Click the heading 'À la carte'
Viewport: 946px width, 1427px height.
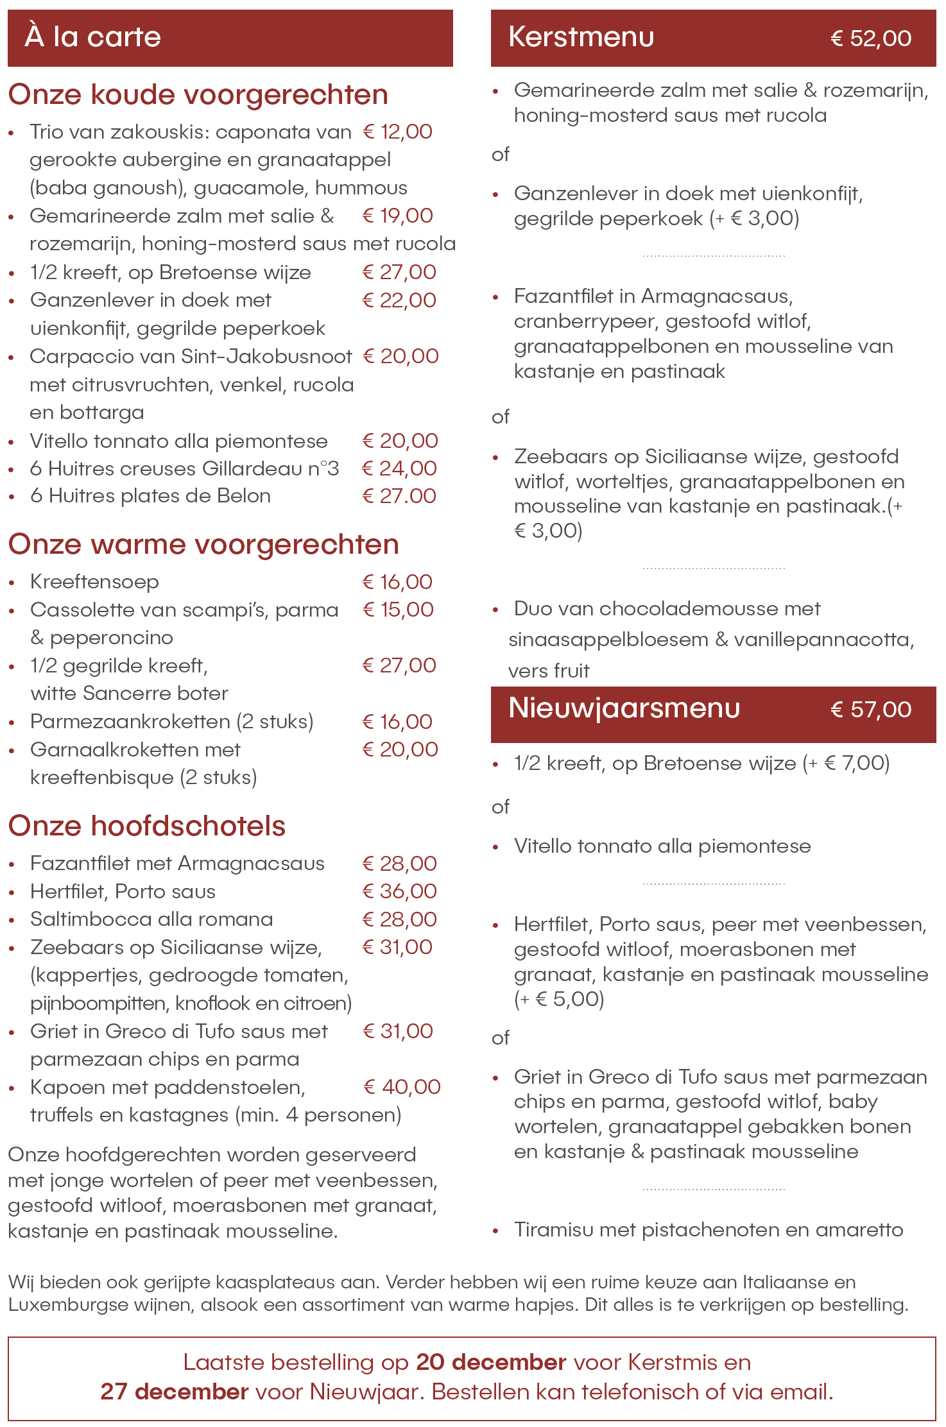pyautogui.click(x=92, y=37)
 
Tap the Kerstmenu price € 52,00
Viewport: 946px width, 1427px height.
pyautogui.click(x=870, y=38)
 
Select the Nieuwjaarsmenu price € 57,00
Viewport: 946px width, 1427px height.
pyautogui.click(x=870, y=710)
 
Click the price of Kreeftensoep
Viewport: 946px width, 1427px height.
pyautogui.click(x=397, y=582)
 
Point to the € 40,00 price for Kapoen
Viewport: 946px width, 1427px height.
pyautogui.click(x=402, y=1087)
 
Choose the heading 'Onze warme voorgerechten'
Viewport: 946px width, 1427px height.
pyautogui.click(x=203, y=545)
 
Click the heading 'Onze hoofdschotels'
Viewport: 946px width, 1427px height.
pyautogui.click(x=147, y=826)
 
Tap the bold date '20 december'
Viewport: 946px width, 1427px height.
pyautogui.click(x=491, y=1362)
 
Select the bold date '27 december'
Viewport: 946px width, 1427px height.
pyautogui.click(x=174, y=1392)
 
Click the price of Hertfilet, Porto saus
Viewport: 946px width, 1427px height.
pyautogui.click(x=399, y=891)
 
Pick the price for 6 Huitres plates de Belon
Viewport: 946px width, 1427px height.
pyautogui.click(x=399, y=496)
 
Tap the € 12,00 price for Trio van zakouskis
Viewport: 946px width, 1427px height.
pyautogui.click(x=397, y=132)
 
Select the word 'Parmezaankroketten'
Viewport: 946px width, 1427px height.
pyautogui.click(x=130, y=722)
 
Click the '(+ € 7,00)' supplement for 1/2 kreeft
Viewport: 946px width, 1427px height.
pyautogui.click(x=846, y=764)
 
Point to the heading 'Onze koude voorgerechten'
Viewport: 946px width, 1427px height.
pyautogui.click(x=198, y=95)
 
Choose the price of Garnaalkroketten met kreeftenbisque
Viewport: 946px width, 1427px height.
pyautogui.click(x=400, y=749)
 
